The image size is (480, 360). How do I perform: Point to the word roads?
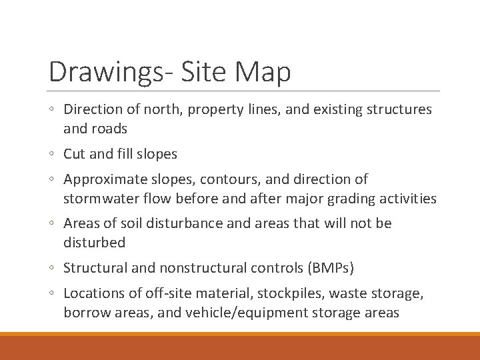[x=108, y=129]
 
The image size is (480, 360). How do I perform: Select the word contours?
[x=219, y=179]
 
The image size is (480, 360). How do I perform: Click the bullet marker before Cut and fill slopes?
[x=53, y=155]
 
